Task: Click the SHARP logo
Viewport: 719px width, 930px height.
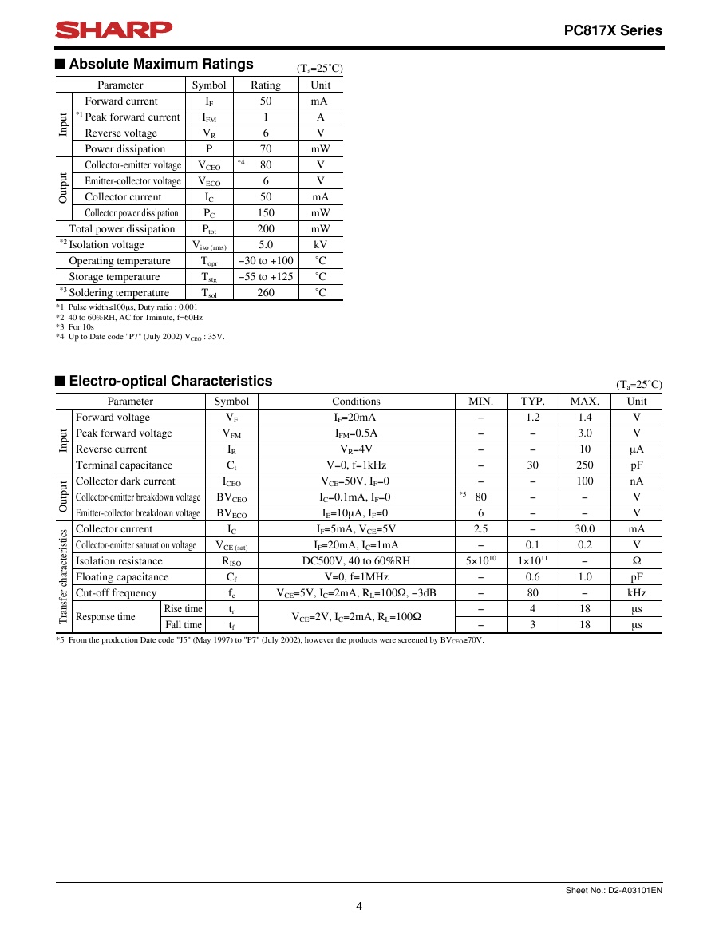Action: point(113,30)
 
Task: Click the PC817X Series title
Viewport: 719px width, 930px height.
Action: point(613,31)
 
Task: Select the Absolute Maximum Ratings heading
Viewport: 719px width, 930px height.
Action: point(161,65)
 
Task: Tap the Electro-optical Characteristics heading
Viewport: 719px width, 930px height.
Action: point(170,382)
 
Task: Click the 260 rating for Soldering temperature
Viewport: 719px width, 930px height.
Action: point(266,293)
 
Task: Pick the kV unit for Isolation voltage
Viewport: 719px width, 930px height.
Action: point(321,245)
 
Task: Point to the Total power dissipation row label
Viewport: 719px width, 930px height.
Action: point(122,229)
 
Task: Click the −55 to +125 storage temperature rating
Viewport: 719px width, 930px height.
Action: point(266,277)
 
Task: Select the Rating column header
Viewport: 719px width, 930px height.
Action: point(266,85)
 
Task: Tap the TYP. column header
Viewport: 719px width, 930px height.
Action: point(533,402)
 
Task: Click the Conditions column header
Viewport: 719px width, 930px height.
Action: point(356,402)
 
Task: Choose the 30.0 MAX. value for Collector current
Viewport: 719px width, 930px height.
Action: point(585,529)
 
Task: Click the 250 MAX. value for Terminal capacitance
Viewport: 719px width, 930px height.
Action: point(585,465)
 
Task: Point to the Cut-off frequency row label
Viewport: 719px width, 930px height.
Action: point(116,593)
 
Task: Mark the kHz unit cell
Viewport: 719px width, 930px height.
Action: point(636,593)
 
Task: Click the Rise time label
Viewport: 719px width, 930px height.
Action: point(184,609)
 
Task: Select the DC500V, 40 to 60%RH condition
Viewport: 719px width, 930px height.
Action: point(356,561)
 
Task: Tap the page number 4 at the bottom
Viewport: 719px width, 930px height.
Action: point(359,906)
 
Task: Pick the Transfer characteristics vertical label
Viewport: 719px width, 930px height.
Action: point(63,576)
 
